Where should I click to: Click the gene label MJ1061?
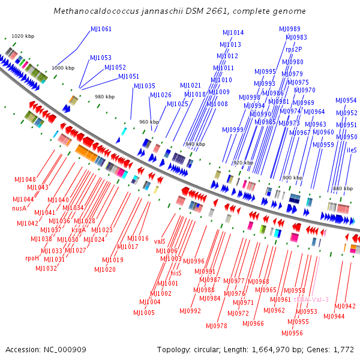[101, 29]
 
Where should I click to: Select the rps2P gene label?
[294, 50]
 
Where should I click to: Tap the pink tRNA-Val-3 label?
[311, 299]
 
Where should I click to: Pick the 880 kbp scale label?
[343, 188]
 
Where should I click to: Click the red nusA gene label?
[19, 208]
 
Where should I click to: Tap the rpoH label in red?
[32, 258]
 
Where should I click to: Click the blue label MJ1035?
[144, 86]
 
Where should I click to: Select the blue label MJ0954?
[346, 100]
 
